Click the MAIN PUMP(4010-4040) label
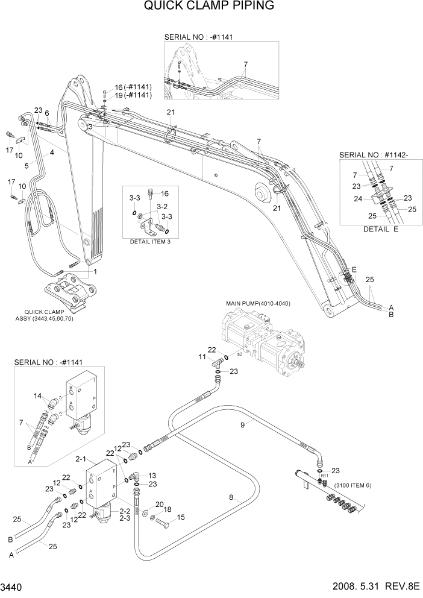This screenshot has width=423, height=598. click(x=258, y=303)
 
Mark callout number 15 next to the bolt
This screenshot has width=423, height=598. click(x=180, y=518)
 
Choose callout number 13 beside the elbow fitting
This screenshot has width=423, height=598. click(x=152, y=475)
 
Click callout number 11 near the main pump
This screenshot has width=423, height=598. click(x=203, y=357)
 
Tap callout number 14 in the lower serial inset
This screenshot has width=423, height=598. click(x=39, y=395)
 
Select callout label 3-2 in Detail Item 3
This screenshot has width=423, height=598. click(x=162, y=206)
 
